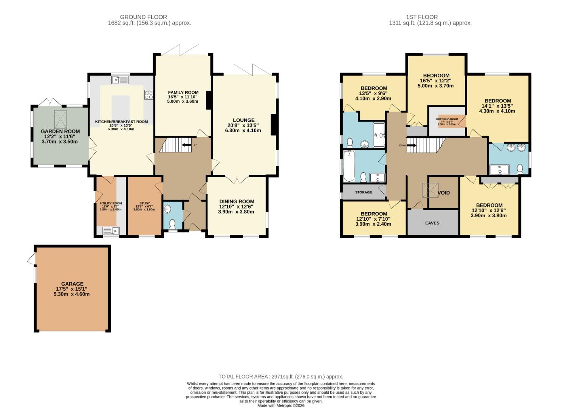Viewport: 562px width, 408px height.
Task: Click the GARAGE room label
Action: click(x=72, y=284)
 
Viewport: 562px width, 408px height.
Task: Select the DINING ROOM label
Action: click(x=237, y=201)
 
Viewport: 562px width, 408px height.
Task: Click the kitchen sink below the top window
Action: click(x=120, y=80)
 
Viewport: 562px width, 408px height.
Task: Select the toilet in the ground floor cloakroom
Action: click(x=173, y=224)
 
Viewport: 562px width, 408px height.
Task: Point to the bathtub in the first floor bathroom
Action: click(x=348, y=166)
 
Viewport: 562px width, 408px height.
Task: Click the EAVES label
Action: click(x=432, y=223)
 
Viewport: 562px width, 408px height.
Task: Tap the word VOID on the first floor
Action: click(x=443, y=193)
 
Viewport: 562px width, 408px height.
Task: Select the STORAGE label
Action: click(x=363, y=192)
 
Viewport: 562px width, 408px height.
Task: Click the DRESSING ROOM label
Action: click(x=448, y=119)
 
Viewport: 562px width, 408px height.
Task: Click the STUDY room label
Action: click(x=144, y=203)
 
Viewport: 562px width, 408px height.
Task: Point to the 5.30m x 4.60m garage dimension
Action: click(x=72, y=294)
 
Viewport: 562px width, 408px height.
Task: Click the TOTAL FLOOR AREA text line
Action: click(x=281, y=377)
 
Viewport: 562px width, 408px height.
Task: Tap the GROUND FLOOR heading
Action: click(x=143, y=17)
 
